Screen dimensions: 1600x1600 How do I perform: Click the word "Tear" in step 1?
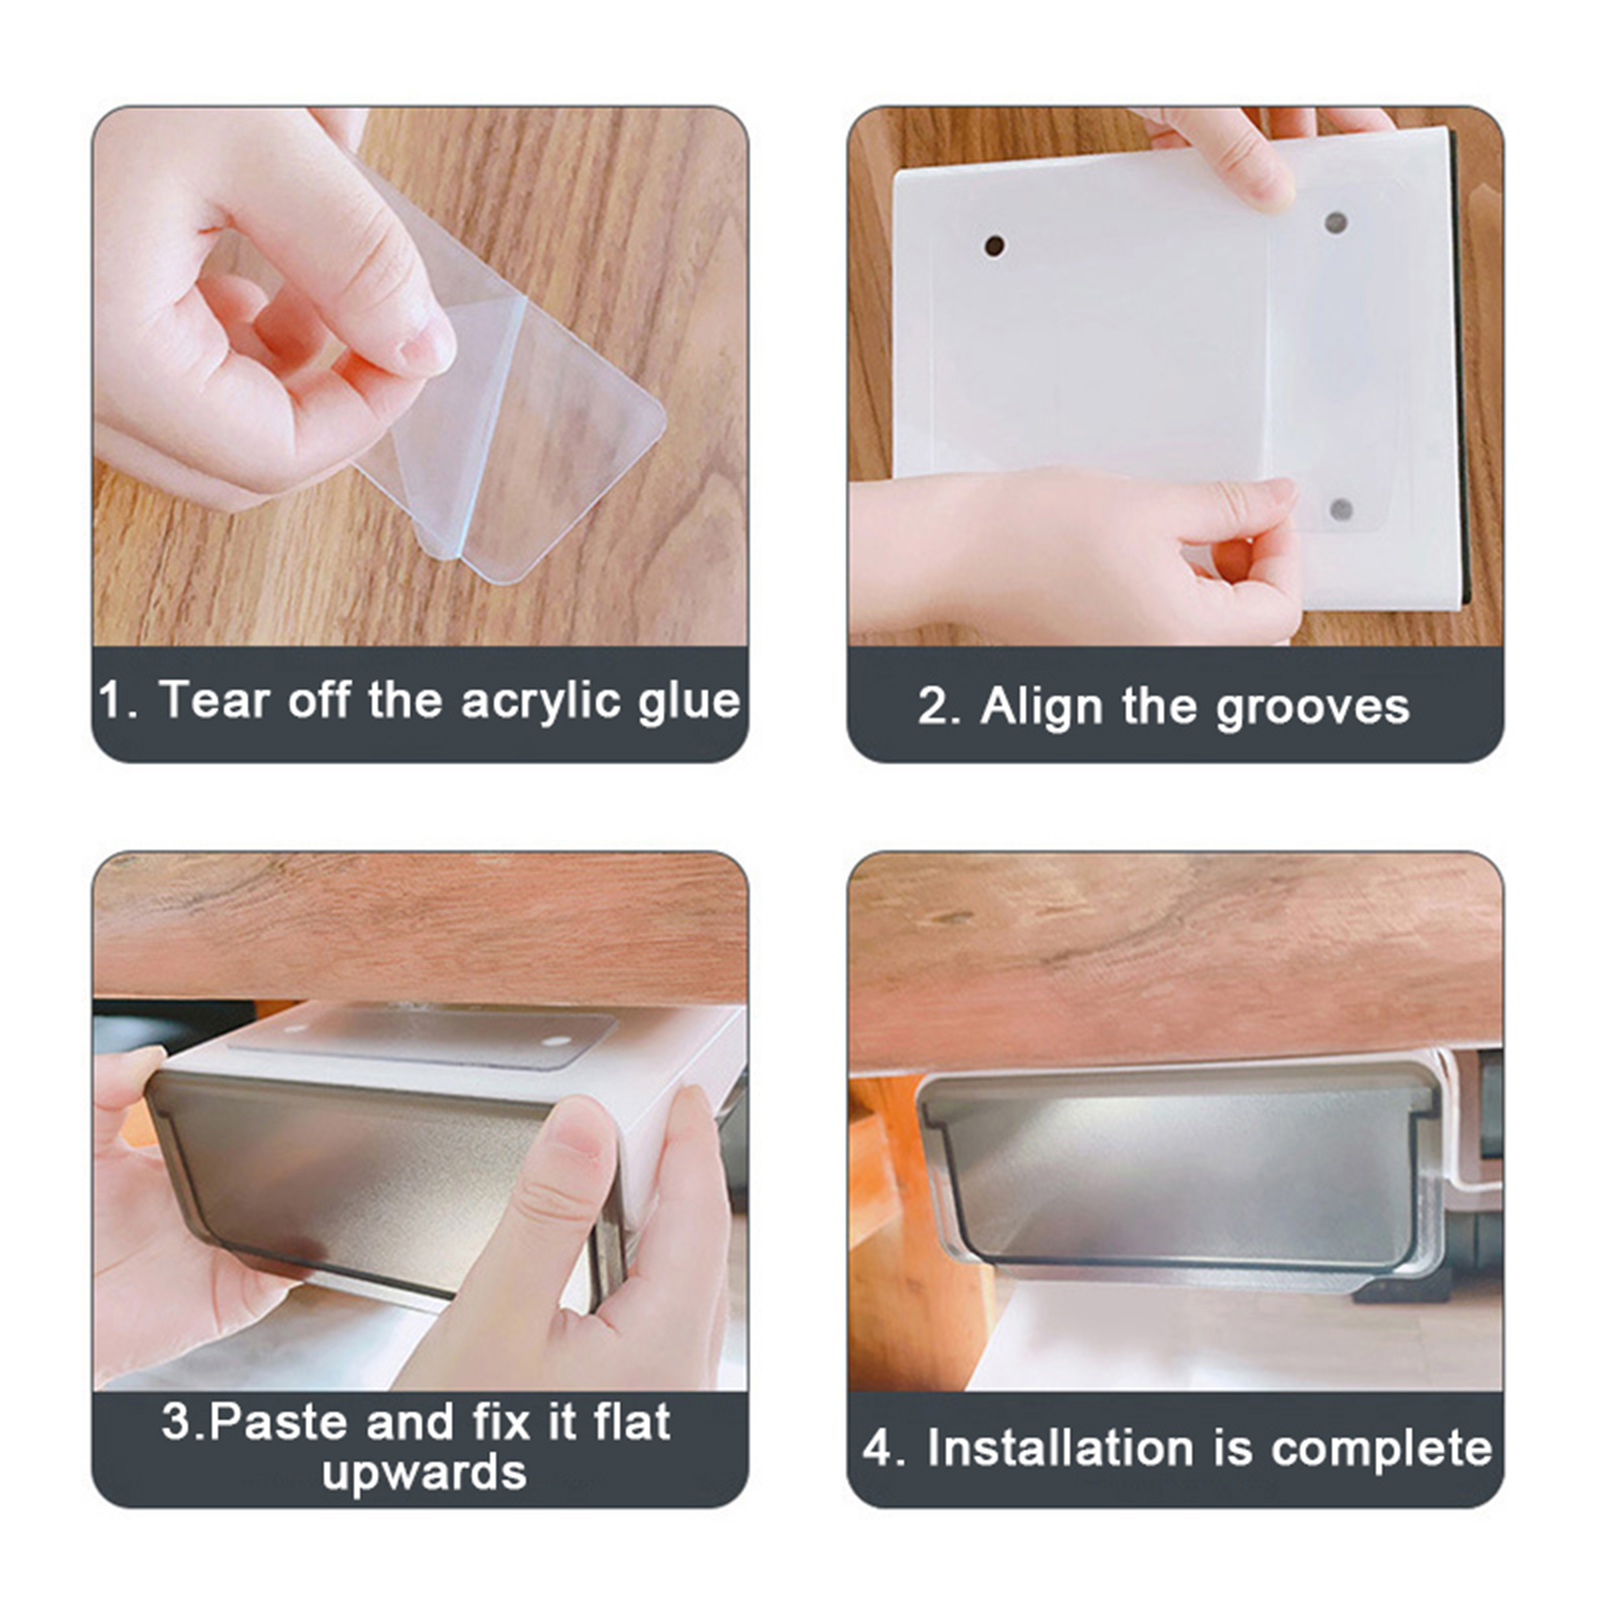pos(214,699)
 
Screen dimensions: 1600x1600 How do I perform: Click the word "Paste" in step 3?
pos(277,1422)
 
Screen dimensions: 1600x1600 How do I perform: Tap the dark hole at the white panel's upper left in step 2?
pos(994,245)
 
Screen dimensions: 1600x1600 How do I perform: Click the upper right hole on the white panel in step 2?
pos(1336,222)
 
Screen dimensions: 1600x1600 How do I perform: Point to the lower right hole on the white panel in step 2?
pos(1342,510)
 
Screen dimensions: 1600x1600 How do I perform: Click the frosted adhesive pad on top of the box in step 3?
pos(422,1036)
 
